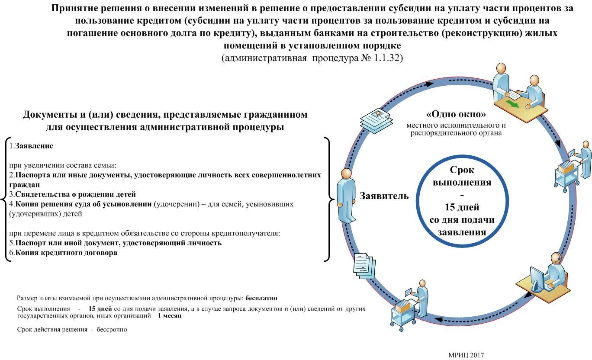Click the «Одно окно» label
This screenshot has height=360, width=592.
[x=456, y=115]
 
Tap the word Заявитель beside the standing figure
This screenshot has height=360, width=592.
[x=384, y=196]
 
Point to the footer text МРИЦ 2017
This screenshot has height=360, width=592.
[x=466, y=355]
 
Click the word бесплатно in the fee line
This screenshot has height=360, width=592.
[x=261, y=298]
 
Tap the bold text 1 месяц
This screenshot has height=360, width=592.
[x=170, y=316]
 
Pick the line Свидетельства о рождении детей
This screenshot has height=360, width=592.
[x=73, y=194]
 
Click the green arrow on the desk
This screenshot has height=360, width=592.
[x=513, y=105]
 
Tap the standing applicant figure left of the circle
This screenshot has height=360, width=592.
[x=346, y=195]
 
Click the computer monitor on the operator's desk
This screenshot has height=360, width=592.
[x=537, y=279]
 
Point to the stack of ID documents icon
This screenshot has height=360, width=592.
[x=376, y=119]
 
